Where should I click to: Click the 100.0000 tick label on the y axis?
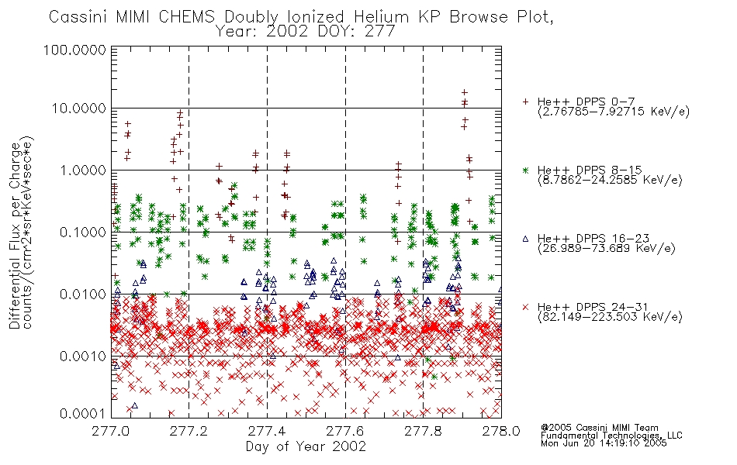74,50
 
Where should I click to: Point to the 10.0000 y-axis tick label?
78,108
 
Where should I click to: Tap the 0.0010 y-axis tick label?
83,356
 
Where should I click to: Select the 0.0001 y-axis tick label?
83,414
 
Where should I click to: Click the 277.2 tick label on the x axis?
189,431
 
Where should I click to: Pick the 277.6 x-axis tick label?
345,431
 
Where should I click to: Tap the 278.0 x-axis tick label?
501,431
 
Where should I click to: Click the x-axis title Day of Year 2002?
306,446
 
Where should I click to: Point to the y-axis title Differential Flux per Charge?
15,236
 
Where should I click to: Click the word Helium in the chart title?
381,17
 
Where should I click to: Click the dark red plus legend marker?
525,102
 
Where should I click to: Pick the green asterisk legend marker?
525,170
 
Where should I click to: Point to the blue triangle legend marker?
525,239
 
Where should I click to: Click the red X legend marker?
525,307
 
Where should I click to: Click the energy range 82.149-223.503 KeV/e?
610,317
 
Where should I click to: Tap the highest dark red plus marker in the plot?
465,92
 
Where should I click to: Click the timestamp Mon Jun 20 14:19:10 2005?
604,443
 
